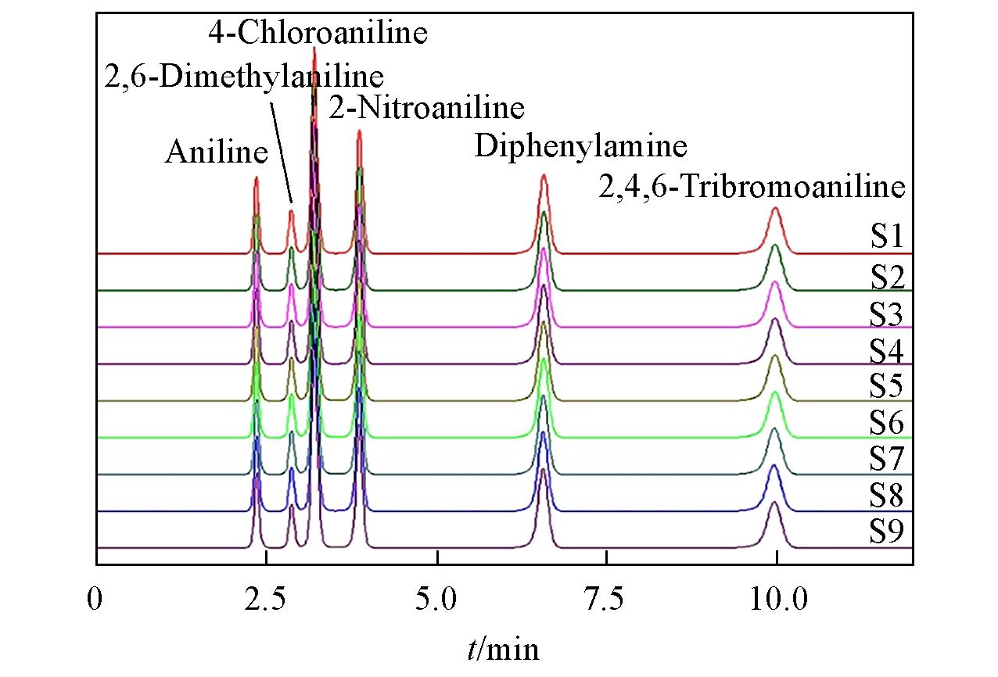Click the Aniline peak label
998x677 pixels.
coord(216,152)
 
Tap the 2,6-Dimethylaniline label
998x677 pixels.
coord(244,77)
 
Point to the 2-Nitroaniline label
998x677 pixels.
coord(426,107)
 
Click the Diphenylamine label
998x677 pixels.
coord(580,146)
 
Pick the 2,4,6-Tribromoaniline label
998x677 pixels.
coord(752,188)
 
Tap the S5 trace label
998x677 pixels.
coord(888,386)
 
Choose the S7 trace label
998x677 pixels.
coord(888,460)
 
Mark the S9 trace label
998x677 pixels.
coord(888,532)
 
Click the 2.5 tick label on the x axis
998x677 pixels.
coord(266,602)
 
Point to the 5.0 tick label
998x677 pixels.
coord(436,602)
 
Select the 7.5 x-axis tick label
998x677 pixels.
coord(606,602)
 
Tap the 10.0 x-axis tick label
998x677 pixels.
coord(776,602)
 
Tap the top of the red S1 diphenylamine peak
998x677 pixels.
coord(544,177)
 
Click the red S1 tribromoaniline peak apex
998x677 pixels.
coord(774,208)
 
